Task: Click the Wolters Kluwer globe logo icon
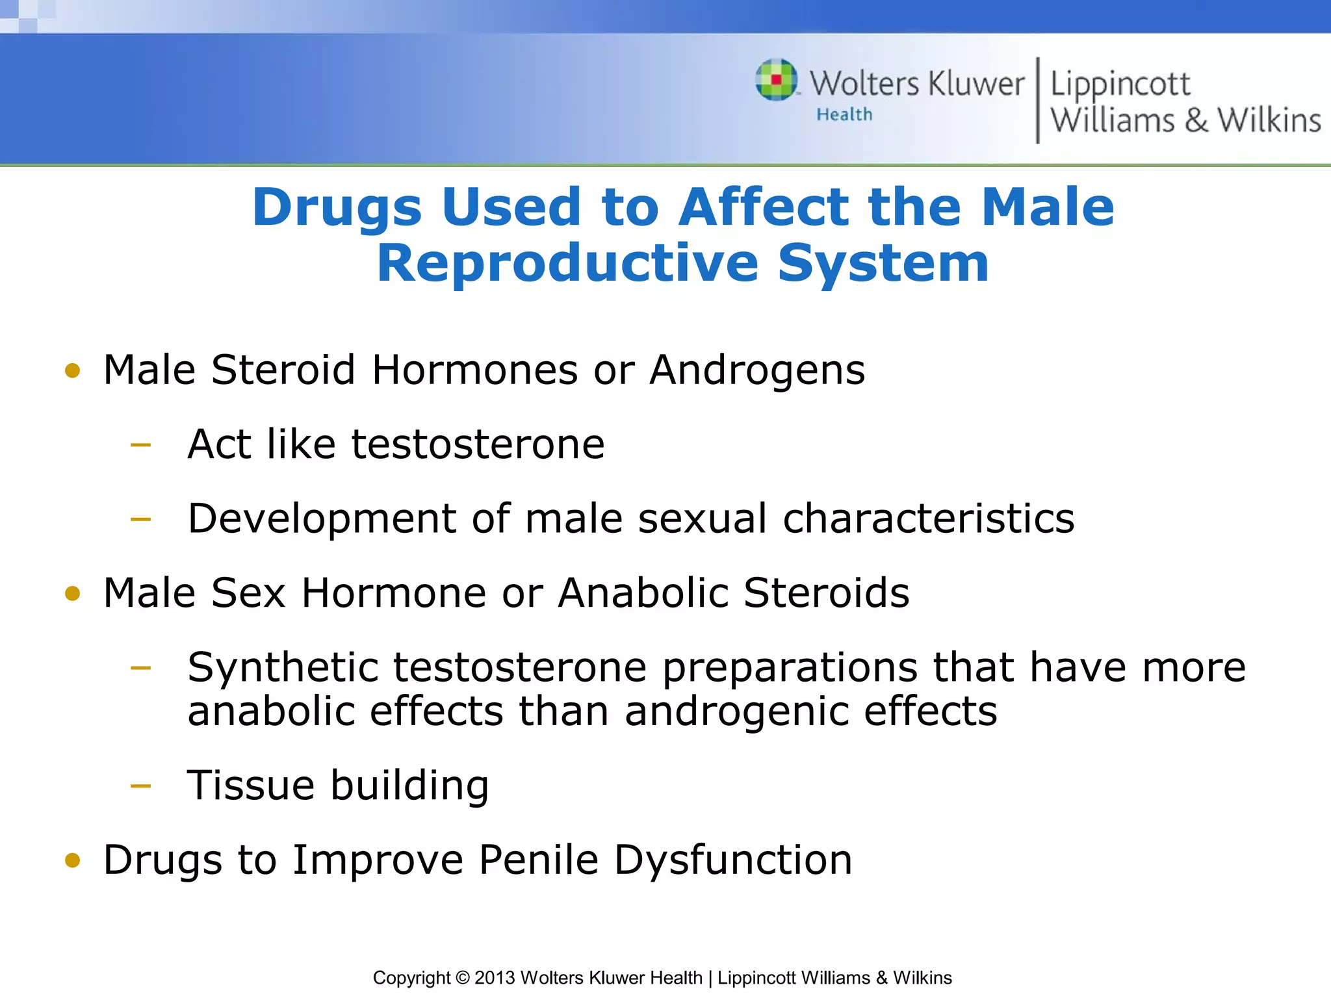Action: [776, 81]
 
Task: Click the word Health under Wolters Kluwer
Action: [844, 115]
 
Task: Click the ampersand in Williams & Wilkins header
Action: [1196, 121]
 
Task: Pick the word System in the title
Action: [883, 263]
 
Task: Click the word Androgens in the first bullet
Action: [757, 370]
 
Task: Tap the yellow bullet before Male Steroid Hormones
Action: [73, 371]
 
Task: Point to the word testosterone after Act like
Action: [478, 444]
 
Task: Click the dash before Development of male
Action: [140, 519]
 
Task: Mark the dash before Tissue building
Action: [140, 786]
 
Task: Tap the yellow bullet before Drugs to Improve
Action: [73, 861]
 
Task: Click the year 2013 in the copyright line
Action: [495, 978]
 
